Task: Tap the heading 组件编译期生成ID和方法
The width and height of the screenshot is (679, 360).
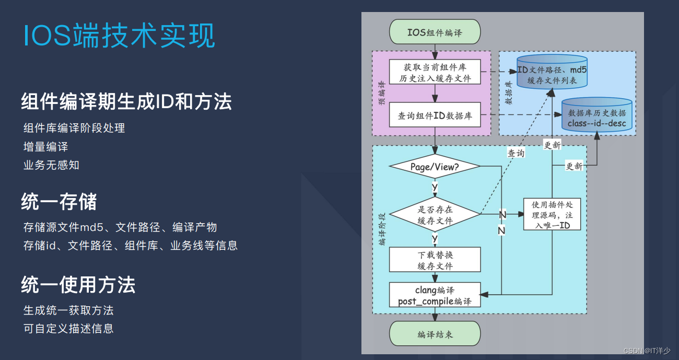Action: (126, 101)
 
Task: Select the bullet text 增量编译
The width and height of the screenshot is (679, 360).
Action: (46, 146)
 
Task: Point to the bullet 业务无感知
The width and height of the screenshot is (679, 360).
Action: (51, 165)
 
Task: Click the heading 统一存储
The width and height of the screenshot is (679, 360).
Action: (59, 202)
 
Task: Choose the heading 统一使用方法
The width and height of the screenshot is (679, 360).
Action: (78, 285)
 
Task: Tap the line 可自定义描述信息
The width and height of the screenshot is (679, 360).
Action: (68, 329)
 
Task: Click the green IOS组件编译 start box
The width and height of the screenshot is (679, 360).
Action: (435, 32)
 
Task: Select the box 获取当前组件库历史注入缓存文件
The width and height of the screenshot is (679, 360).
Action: (435, 73)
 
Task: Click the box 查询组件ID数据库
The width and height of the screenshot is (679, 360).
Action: (435, 115)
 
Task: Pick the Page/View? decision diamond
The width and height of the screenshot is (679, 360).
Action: (435, 167)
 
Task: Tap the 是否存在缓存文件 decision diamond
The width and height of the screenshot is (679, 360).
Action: (435, 215)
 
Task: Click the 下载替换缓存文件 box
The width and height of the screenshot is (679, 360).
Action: (435, 260)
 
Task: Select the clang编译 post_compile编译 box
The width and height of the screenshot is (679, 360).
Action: (435, 295)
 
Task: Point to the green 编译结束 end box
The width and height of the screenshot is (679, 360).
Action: (435, 334)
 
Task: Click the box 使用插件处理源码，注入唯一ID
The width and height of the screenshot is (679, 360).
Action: (552, 214)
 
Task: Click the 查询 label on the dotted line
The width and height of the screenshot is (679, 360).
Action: (516, 153)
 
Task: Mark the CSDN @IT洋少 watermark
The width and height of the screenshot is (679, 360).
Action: (647, 351)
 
